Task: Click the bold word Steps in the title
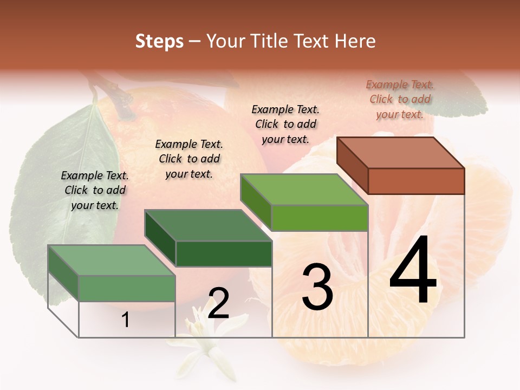point(159,41)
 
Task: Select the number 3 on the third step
point(317,287)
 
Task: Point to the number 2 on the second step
point(219,304)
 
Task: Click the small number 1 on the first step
point(126,320)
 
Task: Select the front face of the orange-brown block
point(416,181)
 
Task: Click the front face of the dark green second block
point(224,253)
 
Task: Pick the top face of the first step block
point(112,261)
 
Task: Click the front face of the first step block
point(127,288)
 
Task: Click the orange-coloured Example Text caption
point(400,99)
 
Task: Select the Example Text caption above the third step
point(285,124)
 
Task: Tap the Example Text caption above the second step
point(189,159)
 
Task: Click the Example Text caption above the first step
point(95,190)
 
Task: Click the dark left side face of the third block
point(256,202)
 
